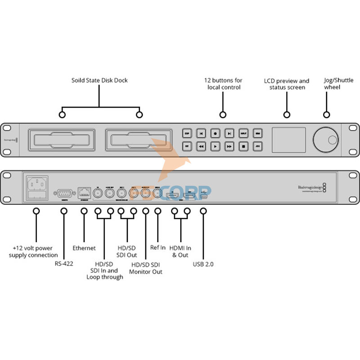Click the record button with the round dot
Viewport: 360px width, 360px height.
[x=216, y=133]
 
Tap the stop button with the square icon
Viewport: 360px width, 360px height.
[x=243, y=146]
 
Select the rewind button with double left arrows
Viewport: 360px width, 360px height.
[x=202, y=146]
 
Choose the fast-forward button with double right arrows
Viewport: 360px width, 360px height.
[x=229, y=146]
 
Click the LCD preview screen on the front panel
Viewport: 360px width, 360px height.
[x=288, y=139]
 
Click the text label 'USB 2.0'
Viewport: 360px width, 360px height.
[x=203, y=264]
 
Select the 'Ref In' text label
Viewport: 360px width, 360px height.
[x=158, y=247]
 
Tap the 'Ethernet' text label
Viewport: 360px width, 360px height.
[x=84, y=248]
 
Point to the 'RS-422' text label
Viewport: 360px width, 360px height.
[x=63, y=264]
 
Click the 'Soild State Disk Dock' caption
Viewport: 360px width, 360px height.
[x=99, y=81]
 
